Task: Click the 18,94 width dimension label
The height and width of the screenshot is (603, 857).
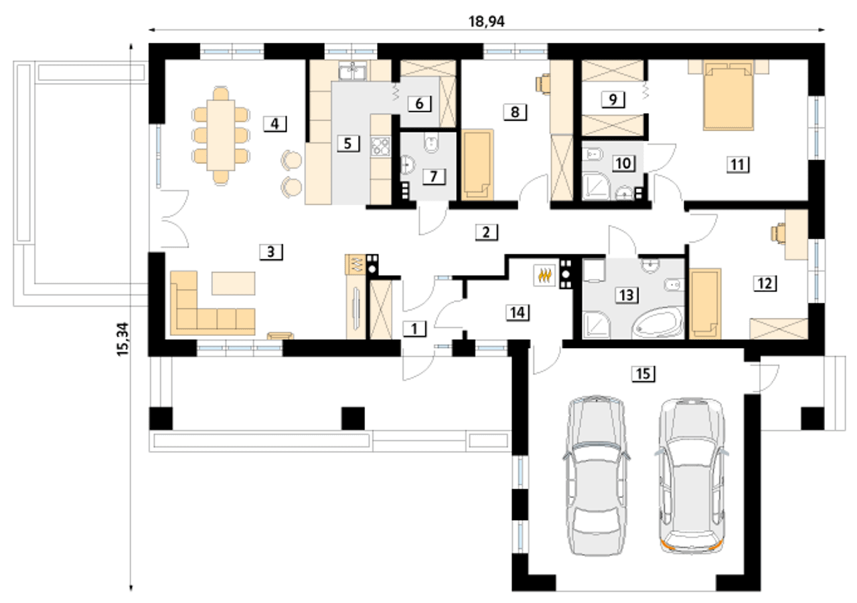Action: click(486, 21)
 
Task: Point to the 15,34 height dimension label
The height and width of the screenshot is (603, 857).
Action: click(123, 339)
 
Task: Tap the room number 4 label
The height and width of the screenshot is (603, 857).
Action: click(275, 124)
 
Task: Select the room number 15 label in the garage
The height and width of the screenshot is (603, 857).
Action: click(643, 373)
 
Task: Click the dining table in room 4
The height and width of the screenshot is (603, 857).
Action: click(221, 135)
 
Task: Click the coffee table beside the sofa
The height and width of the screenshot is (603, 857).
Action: click(234, 283)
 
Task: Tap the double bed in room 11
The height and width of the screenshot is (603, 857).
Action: click(728, 97)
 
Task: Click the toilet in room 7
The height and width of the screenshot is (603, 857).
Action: click(432, 143)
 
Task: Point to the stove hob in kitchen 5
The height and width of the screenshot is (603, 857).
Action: click(380, 146)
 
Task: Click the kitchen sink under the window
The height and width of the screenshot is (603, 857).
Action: click(352, 71)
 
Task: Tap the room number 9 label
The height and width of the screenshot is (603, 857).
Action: click(613, 100)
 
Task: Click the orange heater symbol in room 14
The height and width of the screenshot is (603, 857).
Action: click(544, 275)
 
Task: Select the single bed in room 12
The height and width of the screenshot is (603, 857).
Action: click(705, 304)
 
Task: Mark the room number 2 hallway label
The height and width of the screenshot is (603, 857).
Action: click(486, 232)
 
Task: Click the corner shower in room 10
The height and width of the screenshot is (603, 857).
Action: click(595, 186)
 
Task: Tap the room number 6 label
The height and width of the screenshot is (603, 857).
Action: click(419, 103)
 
